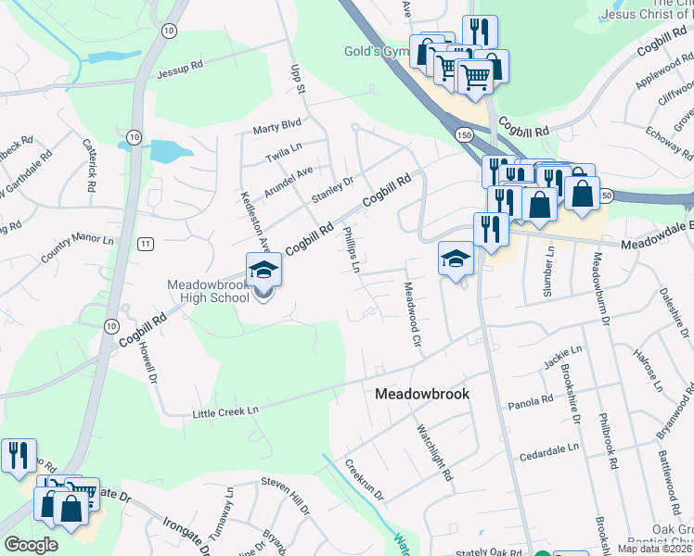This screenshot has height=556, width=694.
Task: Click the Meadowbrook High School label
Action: [x=208, y=290]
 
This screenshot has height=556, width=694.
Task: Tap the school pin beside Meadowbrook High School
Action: [x=263, y=271]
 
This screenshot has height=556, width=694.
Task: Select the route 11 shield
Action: [x=146, y=243]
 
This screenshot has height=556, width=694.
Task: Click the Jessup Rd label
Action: [x=180, y=69]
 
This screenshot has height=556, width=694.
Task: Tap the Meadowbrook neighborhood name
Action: [x=422, y=394]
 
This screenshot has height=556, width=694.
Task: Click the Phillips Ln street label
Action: [x=352, y=248]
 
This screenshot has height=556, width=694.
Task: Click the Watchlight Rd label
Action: [x=434, y=453]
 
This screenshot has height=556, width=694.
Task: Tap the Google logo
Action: [x=31, y=545]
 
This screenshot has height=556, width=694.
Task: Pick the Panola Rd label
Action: [x=531, y=403]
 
